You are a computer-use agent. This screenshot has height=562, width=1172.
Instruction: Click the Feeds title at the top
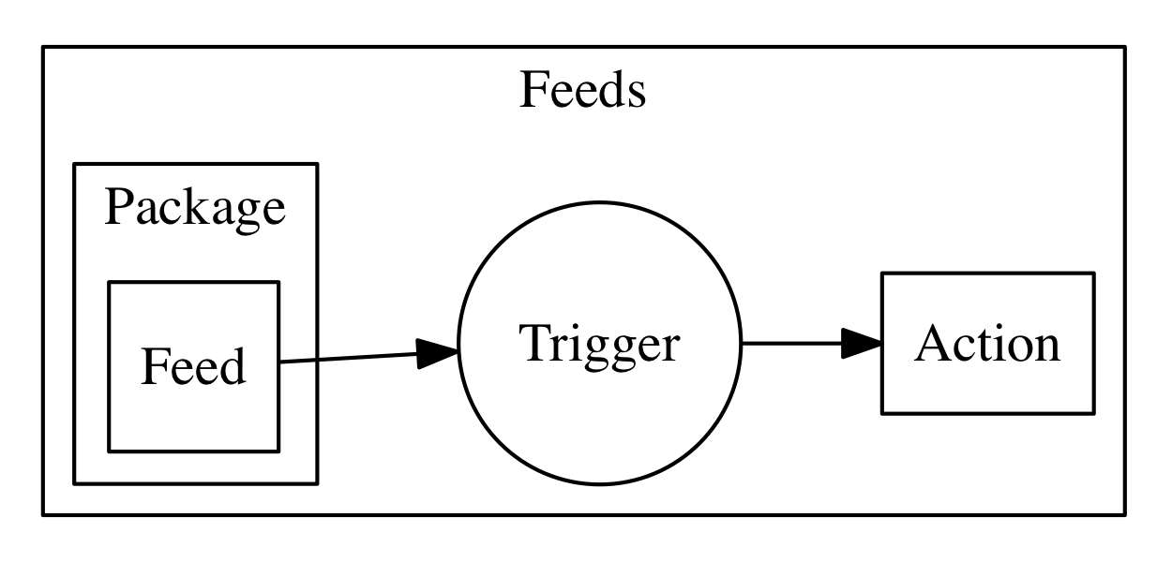[x=582, y=92]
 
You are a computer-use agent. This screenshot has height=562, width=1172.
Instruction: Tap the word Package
[x=194, y=207]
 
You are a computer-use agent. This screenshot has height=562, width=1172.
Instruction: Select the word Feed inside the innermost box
[x=193, y=366]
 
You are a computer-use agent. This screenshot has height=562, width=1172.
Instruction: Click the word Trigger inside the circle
[x=598, y=344]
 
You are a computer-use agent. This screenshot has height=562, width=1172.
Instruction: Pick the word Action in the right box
[x=987, y=344]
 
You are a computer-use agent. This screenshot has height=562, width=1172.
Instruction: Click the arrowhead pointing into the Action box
[x=861, y=344]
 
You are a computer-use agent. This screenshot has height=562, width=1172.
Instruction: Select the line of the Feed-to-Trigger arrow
[x=347, y=358]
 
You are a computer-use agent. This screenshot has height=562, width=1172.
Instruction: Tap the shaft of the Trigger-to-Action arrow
[x=792, y=344]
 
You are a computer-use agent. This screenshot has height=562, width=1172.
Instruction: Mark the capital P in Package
[x=116, y=207]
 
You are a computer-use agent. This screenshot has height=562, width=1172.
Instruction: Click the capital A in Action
[x=930, y=344]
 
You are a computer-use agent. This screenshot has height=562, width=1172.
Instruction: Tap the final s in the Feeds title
[x=637, y=94]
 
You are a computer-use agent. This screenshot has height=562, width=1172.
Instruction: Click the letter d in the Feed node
[x=232, y=366]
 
